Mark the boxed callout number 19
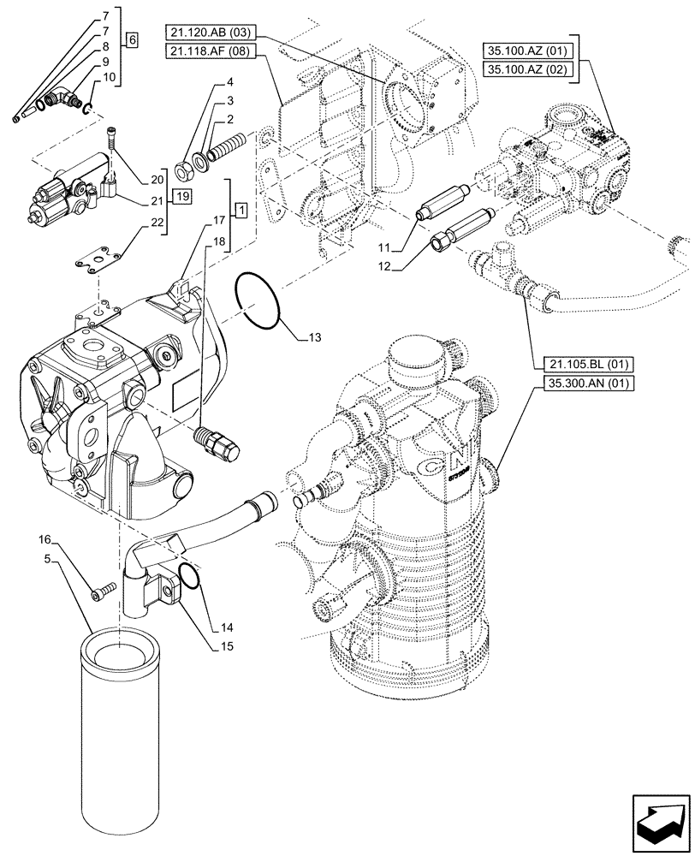pos(181,197)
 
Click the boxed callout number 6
pos(131,39)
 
